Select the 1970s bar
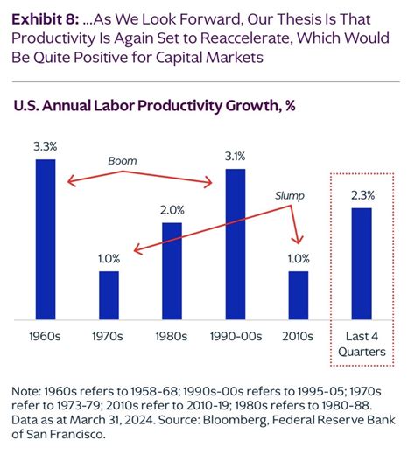[x=109, y=295]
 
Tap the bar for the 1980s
[x=172, y=270]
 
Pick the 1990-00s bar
[x=236, y=244]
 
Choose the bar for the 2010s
[x=299, y=295]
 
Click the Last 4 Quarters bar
[x=362, y=263]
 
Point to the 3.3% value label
[x=46, y=148]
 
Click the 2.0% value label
[x=172, y=210]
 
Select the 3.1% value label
[x=236, y=157]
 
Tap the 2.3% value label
[x=362, y=196]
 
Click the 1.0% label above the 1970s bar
[x=109, y=259]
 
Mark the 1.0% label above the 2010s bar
[x=299, y=259]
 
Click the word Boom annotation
[x=123, y=161]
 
